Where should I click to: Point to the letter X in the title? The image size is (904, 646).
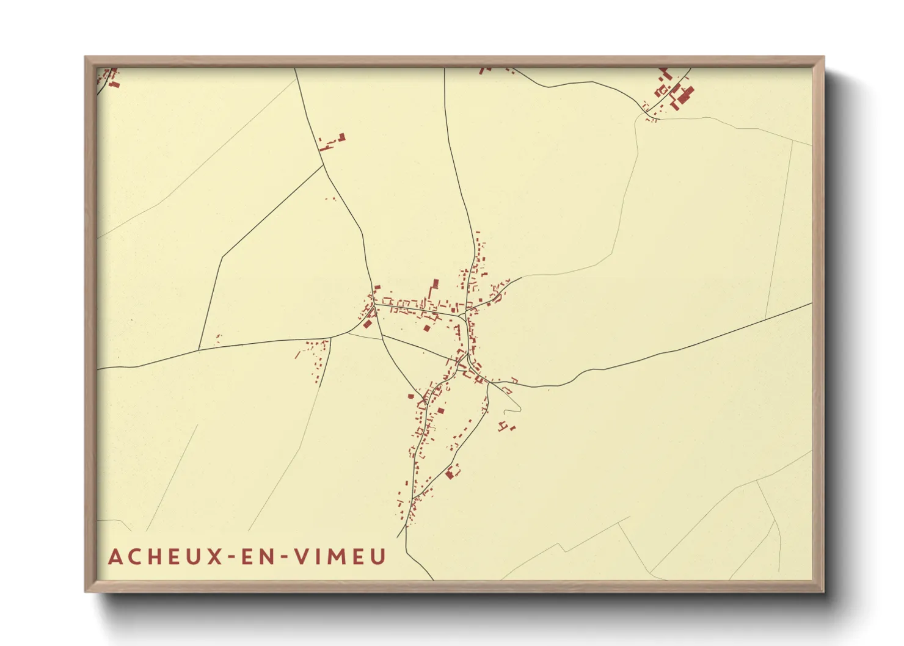(x=214, y=557)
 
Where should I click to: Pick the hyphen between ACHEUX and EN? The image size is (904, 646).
(x=231, y=557)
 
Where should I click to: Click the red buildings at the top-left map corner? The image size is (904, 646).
(x=109, y=77)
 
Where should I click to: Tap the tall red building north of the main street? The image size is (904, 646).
(x=436, y=285)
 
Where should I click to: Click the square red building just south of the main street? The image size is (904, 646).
(x=427, y=328)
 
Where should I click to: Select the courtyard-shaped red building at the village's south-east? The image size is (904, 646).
(x=452, y=471)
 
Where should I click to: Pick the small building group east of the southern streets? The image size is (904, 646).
(x=506, y=426)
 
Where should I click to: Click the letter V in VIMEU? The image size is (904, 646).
(x=302, y=557)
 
